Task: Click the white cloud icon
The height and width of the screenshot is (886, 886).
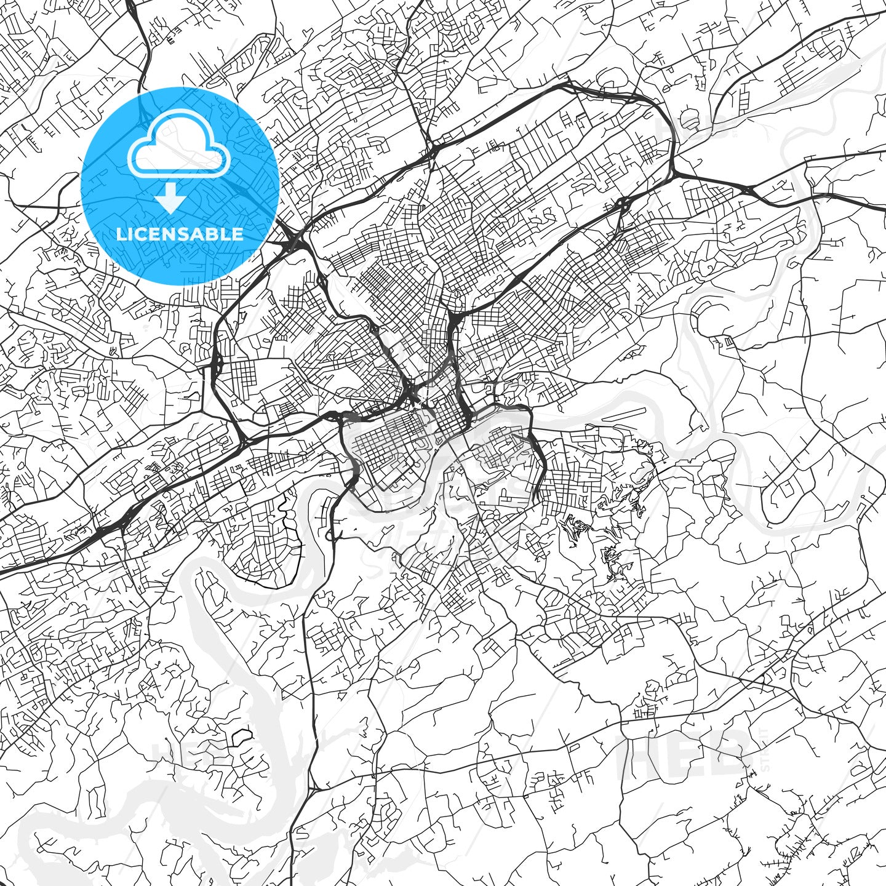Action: [179, 147]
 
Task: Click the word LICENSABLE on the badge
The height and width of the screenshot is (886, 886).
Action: [180, 234]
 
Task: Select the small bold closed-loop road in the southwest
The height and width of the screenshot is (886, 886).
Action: [242, 735]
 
